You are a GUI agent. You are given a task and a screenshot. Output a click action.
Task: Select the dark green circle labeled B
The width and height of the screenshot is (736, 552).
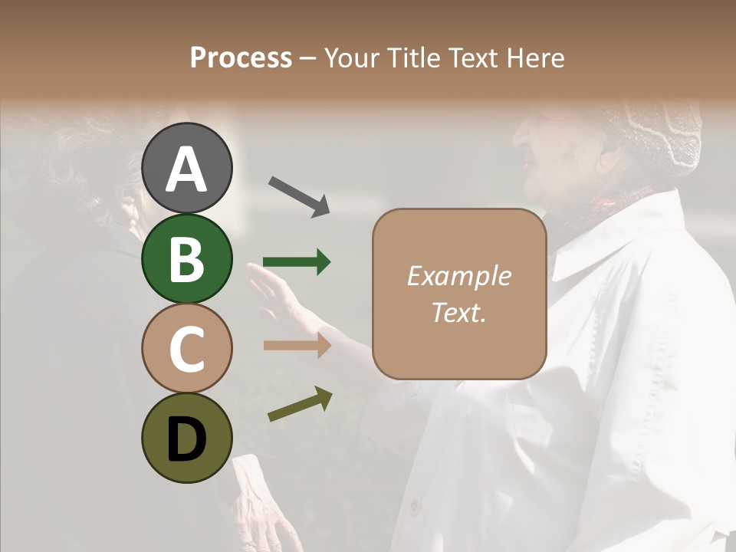[x=187, y=258]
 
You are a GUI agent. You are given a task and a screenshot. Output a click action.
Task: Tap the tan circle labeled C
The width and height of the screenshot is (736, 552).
[x=187, y=349]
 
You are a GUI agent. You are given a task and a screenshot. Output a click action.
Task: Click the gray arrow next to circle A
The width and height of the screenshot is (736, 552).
[x=299, y=196]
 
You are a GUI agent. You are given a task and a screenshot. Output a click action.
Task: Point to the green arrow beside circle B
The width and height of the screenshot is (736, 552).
[x=297, y=263]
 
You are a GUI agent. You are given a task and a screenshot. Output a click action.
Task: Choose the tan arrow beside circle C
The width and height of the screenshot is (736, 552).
[x=297, y=346]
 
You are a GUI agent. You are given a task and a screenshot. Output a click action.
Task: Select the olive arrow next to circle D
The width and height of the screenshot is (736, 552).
[x=300, y=404]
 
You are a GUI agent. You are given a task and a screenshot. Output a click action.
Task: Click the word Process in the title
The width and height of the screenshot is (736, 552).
[x=241, y=58]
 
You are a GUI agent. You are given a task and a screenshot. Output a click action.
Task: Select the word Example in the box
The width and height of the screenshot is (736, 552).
[x=458, y=276]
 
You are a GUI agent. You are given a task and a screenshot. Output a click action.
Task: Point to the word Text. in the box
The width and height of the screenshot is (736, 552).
[x=458, y=313]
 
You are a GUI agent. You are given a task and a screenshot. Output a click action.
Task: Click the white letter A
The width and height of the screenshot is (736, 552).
[x=187, y=169]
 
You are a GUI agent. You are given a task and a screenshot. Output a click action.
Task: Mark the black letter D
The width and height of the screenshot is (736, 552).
[x=187, y=440]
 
